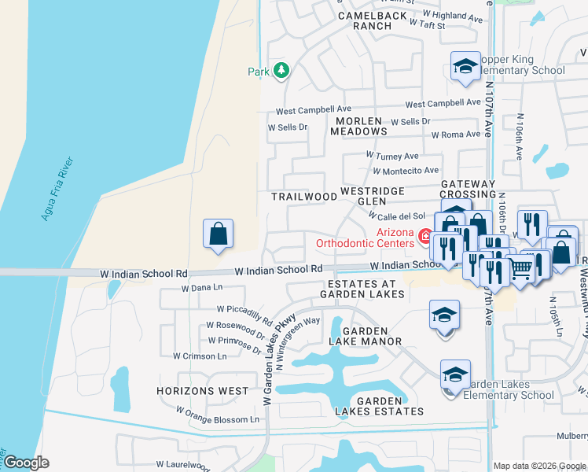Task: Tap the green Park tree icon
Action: (x=281, y=72)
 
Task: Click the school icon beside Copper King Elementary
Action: (x=465, y=67)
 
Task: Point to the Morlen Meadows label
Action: (x=358, y=127)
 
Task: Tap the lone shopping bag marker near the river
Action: (x=218, y=234)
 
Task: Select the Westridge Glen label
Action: (x=372, y=196)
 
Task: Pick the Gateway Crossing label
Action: (x=468, y=189)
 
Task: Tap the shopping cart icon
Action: (x=522, y=268)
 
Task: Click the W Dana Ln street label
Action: (x=203, y=289)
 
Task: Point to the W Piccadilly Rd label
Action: (x=244, y=315)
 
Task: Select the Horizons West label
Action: (x=202, y=391)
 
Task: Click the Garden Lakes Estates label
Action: (x=380, y=406)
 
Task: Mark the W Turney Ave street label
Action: (x=393, y=157)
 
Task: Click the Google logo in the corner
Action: (x=26, y=463)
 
